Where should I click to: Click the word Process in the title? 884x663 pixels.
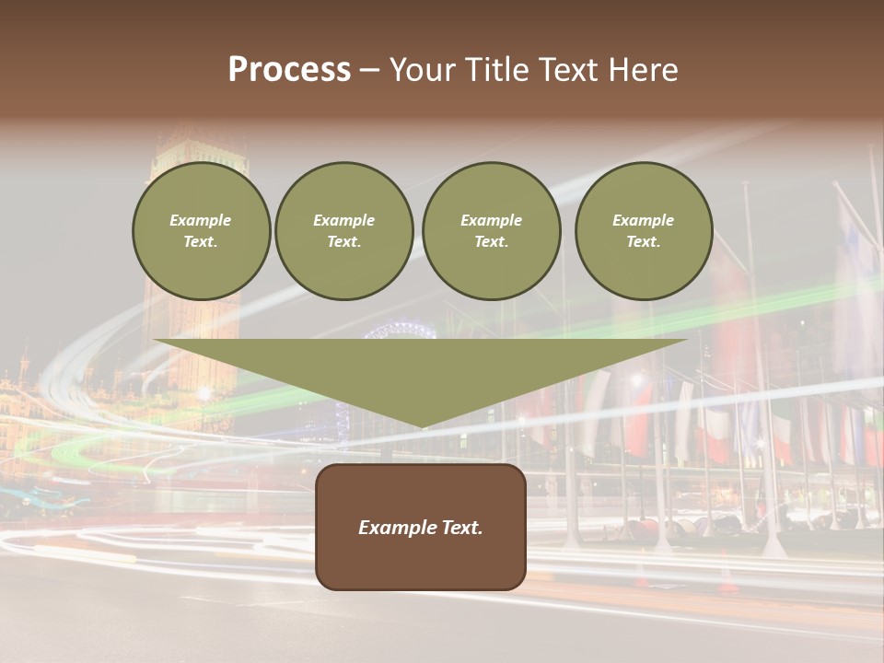tap(289, 70)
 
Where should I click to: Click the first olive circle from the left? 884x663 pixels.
tap(201, 231)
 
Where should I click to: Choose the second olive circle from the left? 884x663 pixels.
tap(344, 231)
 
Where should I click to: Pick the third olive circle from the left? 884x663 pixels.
tap(491, 231)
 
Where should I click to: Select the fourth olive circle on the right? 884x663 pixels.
tap(644, 231)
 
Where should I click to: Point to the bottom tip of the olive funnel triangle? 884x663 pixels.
tap(422, 426)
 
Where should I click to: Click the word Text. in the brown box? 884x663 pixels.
tap(462, 528)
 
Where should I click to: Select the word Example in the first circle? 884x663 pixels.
tap(201, 220)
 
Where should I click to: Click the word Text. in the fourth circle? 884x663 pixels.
tap(644, 242)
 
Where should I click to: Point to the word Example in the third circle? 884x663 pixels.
tap(491, 220)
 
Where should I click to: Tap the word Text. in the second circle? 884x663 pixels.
tap(344, 242)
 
